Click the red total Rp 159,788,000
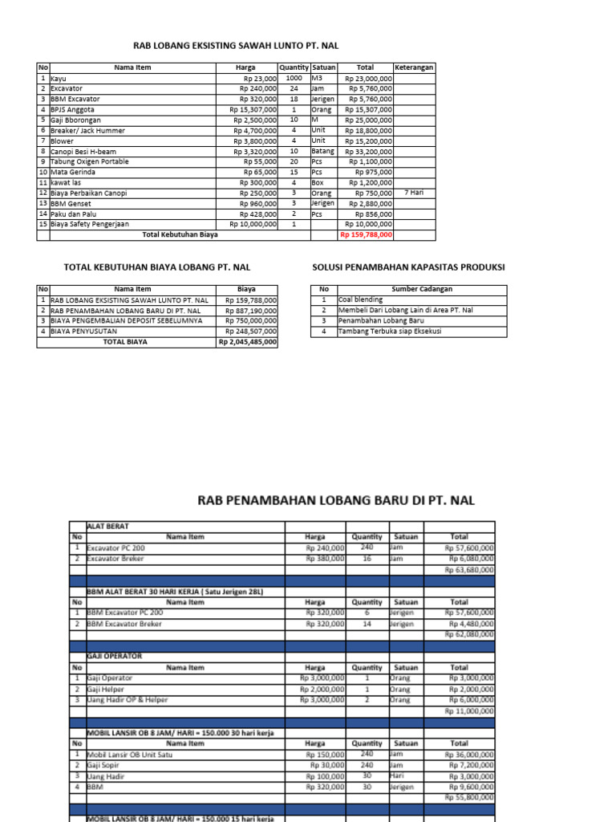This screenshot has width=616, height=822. (367, 235)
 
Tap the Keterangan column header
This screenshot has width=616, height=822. (414, 67)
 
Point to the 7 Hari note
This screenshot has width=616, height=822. (414, 193)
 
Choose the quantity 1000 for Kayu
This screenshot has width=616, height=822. (294, 79)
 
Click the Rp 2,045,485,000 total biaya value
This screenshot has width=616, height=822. (247, 342)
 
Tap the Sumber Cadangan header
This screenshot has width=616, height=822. (422, 290)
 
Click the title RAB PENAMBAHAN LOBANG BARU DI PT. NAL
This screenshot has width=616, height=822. (336, 500)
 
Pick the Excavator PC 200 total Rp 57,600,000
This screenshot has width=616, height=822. (469, 548)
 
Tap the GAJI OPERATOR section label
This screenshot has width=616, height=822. (114, 657)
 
